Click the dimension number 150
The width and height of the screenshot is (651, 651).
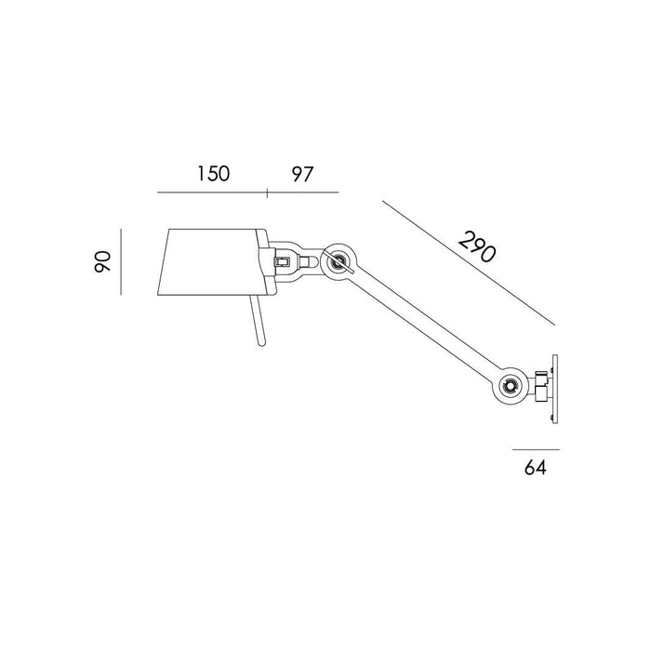point(213,173)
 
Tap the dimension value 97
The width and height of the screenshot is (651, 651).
point(301,173)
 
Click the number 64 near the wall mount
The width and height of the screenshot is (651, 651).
point(532,468)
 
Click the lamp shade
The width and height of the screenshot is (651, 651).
point(209,259)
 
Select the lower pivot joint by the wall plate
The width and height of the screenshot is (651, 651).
point(509,385)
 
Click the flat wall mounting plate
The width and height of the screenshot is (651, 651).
point(555,385)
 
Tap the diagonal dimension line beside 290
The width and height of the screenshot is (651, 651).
point(465,260)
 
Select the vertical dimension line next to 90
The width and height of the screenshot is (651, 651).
point(122,259)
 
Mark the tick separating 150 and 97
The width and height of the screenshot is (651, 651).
point(268,193)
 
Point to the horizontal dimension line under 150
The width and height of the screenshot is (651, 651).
point(213,193)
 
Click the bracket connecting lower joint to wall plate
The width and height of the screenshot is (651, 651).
point(538,382)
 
